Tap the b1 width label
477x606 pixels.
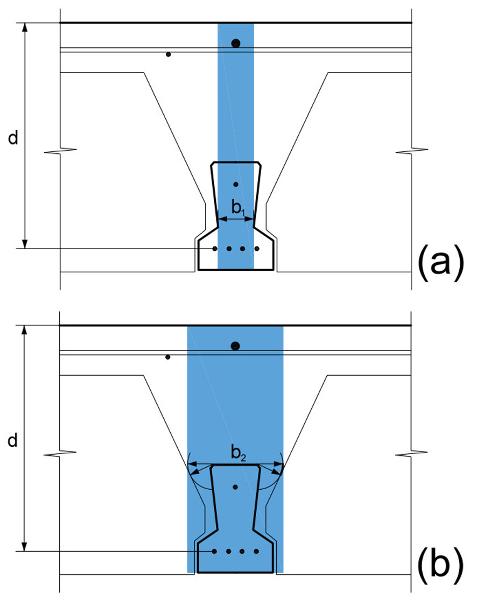238,208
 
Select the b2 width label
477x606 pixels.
238,453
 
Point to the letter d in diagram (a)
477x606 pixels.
13,137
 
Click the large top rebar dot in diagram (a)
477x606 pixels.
236,43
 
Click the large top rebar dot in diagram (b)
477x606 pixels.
235,346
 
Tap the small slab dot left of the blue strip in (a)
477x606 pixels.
168,54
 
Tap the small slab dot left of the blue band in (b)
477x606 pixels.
168,357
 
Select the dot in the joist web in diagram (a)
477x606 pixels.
236,185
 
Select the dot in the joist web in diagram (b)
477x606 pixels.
235,488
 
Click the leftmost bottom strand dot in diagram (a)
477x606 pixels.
215,249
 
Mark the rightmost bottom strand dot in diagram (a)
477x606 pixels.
257,249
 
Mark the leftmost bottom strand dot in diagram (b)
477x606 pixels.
214,551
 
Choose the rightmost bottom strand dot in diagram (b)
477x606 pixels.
256,551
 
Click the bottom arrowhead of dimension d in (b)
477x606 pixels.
24,547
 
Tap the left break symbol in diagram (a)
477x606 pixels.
60,150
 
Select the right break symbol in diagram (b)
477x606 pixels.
411,453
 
